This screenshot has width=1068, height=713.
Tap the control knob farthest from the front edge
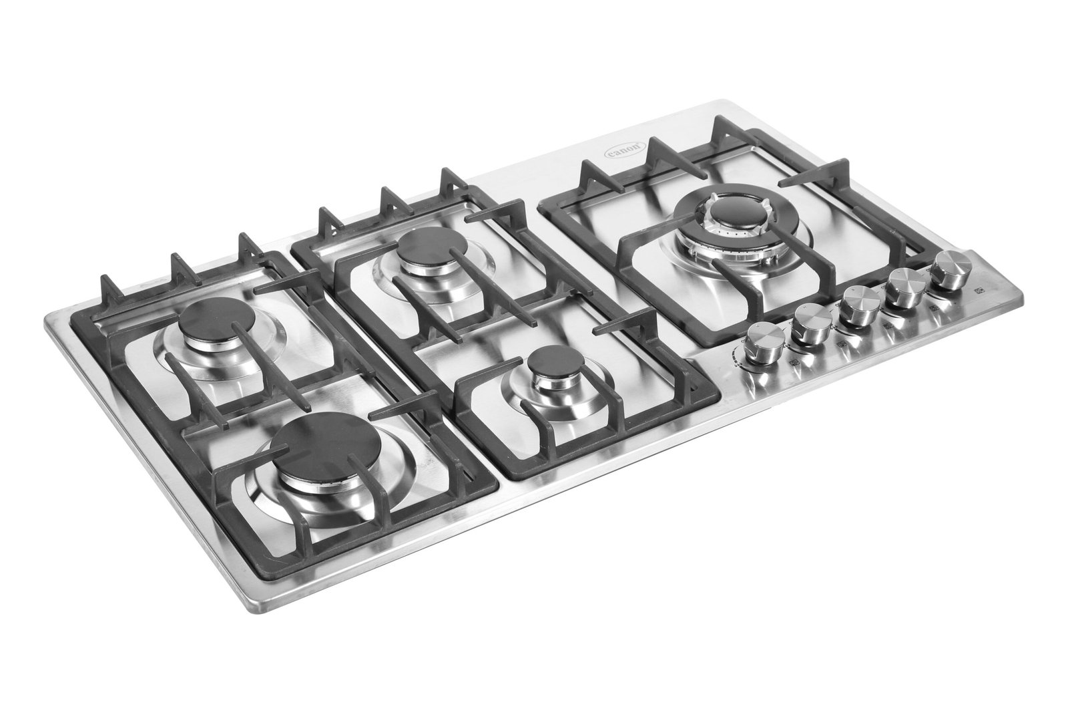click(947, 270)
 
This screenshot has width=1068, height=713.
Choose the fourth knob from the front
click(902, 287)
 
